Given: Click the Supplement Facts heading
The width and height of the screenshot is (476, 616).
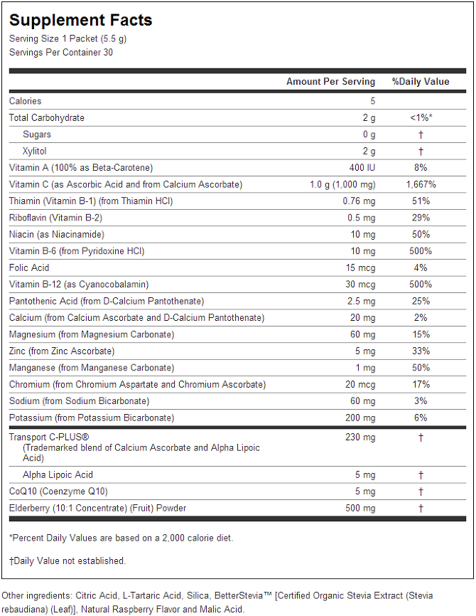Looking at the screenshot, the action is tap(81, 20).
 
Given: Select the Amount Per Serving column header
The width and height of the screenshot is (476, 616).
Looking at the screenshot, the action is tap(330, 82).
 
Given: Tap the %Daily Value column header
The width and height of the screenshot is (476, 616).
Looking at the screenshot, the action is tap(421, 81).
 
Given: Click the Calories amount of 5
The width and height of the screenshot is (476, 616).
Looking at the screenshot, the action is tap(373, 101).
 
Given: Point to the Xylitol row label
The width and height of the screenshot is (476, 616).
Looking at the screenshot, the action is tap(35, 151).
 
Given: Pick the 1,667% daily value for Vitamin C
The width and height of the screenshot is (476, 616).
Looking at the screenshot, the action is tap(421, 185).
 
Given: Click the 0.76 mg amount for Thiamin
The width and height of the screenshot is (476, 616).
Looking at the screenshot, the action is tap(359, 201).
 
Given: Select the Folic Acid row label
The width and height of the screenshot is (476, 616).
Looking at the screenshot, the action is tap(29, 267).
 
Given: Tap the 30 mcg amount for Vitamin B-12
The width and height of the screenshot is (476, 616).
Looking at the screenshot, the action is tap(360, 285).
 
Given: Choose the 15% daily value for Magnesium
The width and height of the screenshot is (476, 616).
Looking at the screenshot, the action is tap(421, 334).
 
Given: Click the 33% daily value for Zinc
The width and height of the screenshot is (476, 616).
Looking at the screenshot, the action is tap(421, 351).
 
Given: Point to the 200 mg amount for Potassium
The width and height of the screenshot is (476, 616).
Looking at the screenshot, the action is tap(360, 418).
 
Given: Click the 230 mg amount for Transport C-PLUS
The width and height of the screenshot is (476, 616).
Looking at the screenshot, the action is tap(360, 437).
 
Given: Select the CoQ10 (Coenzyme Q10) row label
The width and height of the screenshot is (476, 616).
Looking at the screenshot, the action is tap(58, 492).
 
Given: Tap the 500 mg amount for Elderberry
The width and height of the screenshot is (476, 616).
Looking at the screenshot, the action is tap(360, 508).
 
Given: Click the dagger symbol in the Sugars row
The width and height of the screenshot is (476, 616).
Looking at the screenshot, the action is tap(421, 134).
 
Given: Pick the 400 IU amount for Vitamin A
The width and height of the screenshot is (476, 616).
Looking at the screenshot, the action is tap(362, 168).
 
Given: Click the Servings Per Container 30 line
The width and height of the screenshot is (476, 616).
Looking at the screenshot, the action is tap(61, 52).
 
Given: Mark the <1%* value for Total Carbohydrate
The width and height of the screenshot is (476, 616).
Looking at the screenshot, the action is tap(421, 117).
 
